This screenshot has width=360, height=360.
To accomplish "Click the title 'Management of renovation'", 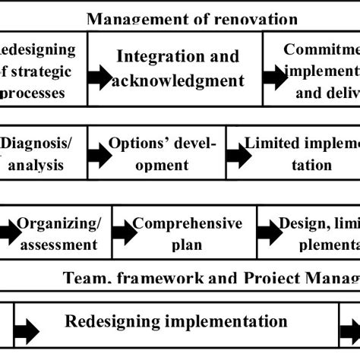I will point(191,18).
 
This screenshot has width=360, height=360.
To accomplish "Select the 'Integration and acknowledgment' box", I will point(179,68).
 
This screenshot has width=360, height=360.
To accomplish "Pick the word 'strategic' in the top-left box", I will point(39,73).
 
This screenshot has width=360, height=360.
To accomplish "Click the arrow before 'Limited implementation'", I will point(237,155).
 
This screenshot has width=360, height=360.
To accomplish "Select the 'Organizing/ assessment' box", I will point(58,233).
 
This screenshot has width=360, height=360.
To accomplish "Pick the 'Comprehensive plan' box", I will point(185,233).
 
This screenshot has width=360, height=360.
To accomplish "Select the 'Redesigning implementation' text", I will point(176,321).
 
